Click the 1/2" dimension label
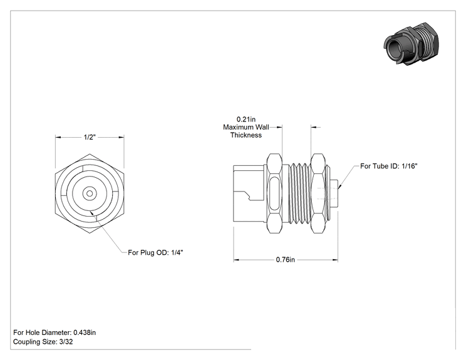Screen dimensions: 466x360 (x=90, y=137)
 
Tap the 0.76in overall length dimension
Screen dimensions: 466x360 (x=286, y=260)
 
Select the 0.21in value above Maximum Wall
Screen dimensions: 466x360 (x=246, y=120)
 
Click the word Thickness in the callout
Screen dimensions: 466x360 (x=246, y=135)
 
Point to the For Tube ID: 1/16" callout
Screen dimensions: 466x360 (x=389, y=166)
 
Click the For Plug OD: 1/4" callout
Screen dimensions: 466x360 (x=155, y=252)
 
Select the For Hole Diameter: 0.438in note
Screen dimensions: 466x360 (x=54, y=332)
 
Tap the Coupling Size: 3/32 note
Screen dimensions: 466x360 (x=43, y=342)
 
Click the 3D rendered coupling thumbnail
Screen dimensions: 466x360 (x=411, y=44)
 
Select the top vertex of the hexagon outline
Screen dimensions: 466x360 (x=90, y=154)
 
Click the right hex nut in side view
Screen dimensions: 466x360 (x=318, y=193)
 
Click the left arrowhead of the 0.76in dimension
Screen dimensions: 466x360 (x=236, y=260)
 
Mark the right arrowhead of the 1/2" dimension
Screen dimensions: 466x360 (x=122, y=137)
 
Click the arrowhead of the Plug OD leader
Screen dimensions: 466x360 (x=92, y=213)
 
